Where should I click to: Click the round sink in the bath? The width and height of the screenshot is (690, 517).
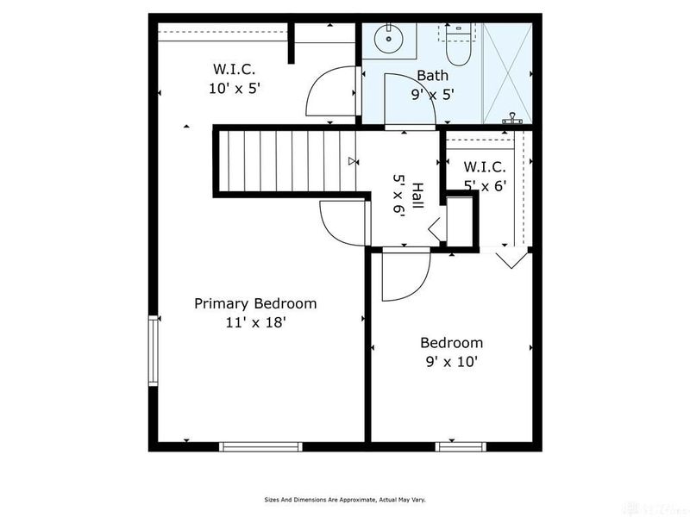click(x=390, y=36)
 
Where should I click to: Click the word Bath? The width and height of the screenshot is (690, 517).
click(x=432, y=76)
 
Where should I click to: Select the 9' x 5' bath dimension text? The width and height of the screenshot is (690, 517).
click(x=432, y=94)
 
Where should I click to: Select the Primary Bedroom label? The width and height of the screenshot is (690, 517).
click(x=254, y=303)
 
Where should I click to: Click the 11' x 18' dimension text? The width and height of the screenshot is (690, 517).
click(x=254, y=322)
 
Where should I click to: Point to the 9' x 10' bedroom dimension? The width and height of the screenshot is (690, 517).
click(x=450, y=362)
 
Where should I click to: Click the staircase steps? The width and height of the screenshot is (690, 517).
click(x=285, y=161)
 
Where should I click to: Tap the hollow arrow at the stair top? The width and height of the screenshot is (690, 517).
click(x=352, y=161)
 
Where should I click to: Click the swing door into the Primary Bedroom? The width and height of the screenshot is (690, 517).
click(x=341, y=221)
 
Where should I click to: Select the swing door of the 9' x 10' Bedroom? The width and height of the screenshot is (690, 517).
click(x=404, y=274)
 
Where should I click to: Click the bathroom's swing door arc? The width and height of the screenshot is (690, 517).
click(x=401, y=97)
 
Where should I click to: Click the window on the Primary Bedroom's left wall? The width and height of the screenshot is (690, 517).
click(x=153, y=351)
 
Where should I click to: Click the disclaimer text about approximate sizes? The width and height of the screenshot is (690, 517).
click(x=344, y=499)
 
